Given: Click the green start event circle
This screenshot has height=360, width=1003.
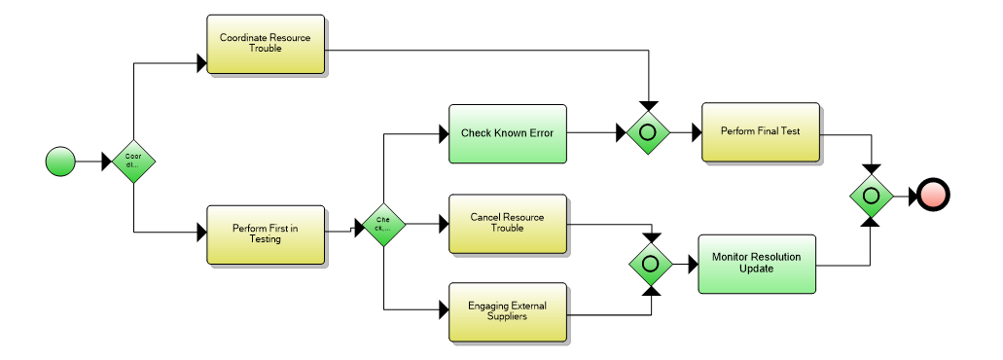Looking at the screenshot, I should pos(60,161).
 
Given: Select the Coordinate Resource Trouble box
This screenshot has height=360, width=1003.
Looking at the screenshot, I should pos(265,44).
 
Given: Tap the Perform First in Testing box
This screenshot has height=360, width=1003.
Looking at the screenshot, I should pos(265,234).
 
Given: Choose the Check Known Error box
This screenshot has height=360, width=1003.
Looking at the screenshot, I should pos(506,133).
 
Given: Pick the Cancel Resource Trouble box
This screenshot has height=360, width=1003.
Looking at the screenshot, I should pos(506,223).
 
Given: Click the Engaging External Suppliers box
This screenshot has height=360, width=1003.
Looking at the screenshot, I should pos(506,311).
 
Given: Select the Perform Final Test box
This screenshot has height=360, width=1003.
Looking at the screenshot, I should pos(760,131).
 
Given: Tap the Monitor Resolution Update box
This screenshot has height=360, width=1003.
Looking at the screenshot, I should pos(756,264).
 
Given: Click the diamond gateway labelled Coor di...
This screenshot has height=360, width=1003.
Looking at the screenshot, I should pos(133,161).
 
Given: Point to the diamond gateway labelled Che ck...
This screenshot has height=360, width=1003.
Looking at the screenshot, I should pos(383,225).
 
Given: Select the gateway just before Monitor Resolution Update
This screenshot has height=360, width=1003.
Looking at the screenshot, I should pos(649,264).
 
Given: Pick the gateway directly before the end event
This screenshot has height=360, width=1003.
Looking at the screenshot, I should pos(872,196).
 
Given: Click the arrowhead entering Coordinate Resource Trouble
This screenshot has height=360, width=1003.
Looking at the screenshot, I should pos(201,63).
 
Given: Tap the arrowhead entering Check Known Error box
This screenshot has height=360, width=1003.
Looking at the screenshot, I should pos(442,133).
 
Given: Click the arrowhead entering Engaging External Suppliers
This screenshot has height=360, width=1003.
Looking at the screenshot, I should pos(442,310).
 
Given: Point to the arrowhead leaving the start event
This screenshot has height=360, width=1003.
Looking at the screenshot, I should pos(107,161).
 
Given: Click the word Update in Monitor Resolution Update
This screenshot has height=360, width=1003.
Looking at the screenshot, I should pos(756,270).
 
